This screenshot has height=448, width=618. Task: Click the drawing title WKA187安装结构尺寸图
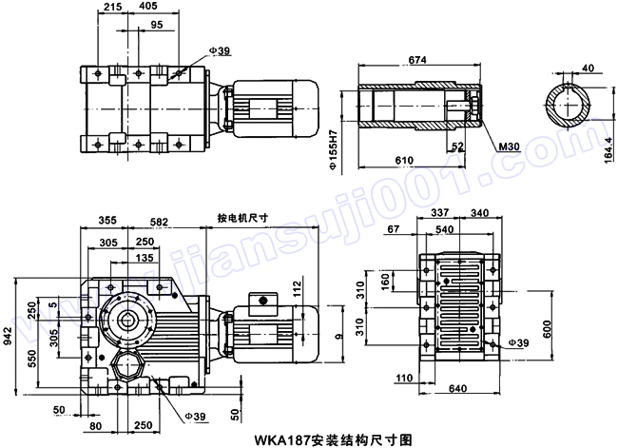(x=333, y=439)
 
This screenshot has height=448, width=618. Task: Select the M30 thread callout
(x=509, y=147)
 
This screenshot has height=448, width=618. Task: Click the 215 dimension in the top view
(x=111, y=8)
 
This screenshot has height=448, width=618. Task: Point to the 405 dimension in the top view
(x=147, y=8)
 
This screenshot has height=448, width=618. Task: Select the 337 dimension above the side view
(x=440, y=214)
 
